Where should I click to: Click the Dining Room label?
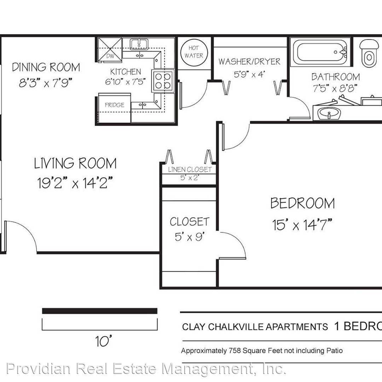click(46, 67)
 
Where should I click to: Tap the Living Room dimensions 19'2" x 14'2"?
click(75, 183)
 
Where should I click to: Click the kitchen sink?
click(139, 44)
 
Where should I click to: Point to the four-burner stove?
click(163, 81)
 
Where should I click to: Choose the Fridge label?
click(115, 105)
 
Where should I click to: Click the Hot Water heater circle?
click(194, 52)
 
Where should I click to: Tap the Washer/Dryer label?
click(249, 62)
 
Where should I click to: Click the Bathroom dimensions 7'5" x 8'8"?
click(335, 88)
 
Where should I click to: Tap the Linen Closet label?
click(190, 169)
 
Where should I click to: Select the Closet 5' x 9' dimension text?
click(190, 237)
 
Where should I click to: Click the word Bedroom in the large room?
click(302, 203)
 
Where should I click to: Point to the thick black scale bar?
click(100, 311)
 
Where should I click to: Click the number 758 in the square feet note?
click(235, 351)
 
